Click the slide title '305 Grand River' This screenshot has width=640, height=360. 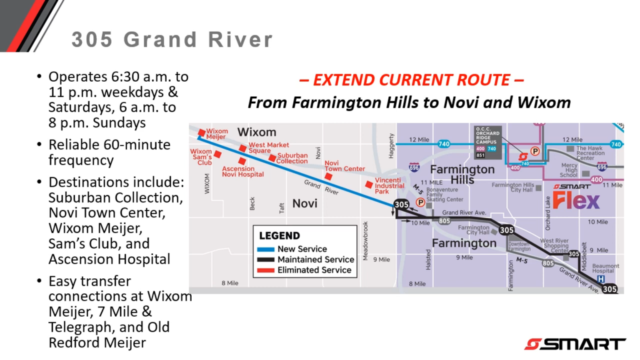point(172,40)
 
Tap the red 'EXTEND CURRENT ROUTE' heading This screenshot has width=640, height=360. point(411,80)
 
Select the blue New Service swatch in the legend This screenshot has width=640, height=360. point(265,249)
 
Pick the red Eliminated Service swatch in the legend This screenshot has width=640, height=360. point(265,270)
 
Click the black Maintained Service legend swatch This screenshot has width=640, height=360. point(265,260)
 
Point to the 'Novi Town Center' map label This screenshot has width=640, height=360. point(344,166)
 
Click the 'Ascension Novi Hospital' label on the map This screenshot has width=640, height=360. point(242,171)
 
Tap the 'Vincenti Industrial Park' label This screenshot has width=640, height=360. point(389,186)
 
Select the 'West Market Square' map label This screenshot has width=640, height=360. point(268,147)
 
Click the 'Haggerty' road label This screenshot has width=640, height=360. point(391,146)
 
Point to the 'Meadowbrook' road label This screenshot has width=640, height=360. point(365,241)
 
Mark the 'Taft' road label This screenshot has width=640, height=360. point(282,208)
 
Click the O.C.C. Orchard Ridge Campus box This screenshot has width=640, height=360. point(487,136)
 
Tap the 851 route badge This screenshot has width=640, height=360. point(480,155)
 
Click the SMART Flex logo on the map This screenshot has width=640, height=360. point(576,197)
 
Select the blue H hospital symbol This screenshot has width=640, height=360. point(601,279)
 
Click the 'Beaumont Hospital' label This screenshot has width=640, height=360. point(605,268)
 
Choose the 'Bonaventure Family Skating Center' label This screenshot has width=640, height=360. point(444,195)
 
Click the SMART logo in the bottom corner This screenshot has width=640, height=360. point(575,344)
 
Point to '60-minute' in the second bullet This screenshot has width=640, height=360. point(137,145)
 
